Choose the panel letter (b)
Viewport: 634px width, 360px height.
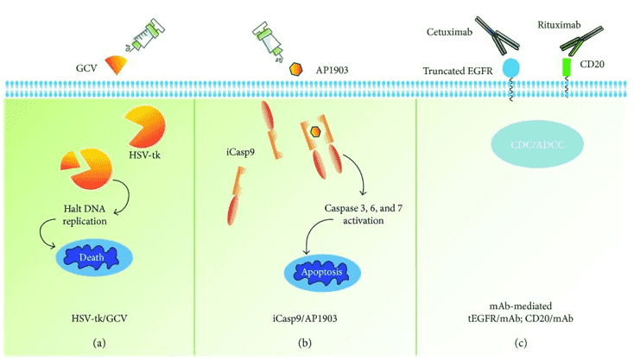pyautogui.click(x=305, y=341)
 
